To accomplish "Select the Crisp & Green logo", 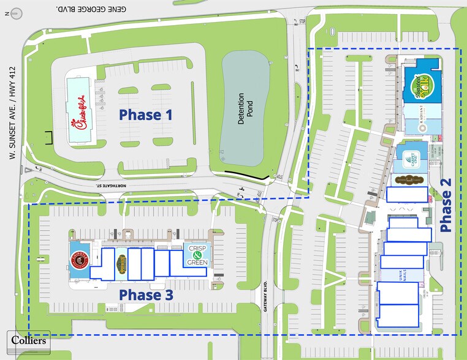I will tap(197, 255).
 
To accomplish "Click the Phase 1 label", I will tap(145, 114).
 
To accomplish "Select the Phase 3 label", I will tap(146, 295).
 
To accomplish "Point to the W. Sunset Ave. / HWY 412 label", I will tap(11, 113).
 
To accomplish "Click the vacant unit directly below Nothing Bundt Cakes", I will tap(407, 194).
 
